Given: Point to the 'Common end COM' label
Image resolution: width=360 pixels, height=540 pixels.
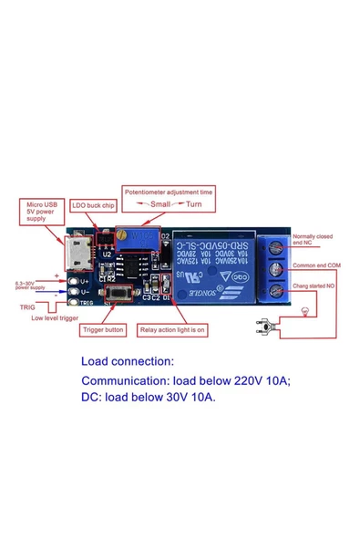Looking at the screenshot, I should (x=317, y=266).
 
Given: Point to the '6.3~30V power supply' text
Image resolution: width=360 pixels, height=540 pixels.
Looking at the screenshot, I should (x=28, y=286).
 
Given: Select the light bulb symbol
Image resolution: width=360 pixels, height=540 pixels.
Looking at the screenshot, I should (x=304, y=312).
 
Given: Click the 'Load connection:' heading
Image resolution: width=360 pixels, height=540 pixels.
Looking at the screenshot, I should (x=127, y=360).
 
